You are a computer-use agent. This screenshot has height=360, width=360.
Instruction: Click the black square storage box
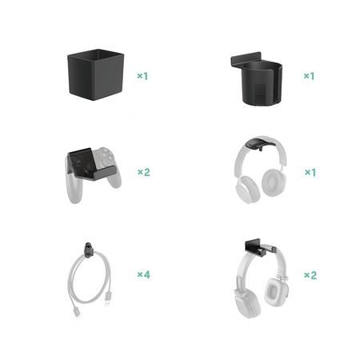click(x=96, y=74)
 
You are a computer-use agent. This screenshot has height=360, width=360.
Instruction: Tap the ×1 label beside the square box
click(x=142, y=76)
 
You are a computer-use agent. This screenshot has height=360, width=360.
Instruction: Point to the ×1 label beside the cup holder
click(x=310, y=76)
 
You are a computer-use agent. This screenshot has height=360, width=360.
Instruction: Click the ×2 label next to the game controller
click(x=144, y=172)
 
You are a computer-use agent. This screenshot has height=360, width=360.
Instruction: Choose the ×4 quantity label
click(x=144, y=274)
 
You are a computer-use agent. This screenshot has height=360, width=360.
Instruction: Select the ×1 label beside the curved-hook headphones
click(x=310, y=172)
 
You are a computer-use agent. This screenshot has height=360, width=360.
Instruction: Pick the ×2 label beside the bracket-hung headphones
click(x=310, y=275)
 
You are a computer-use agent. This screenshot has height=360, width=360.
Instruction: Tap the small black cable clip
click(x=89, y=250)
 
